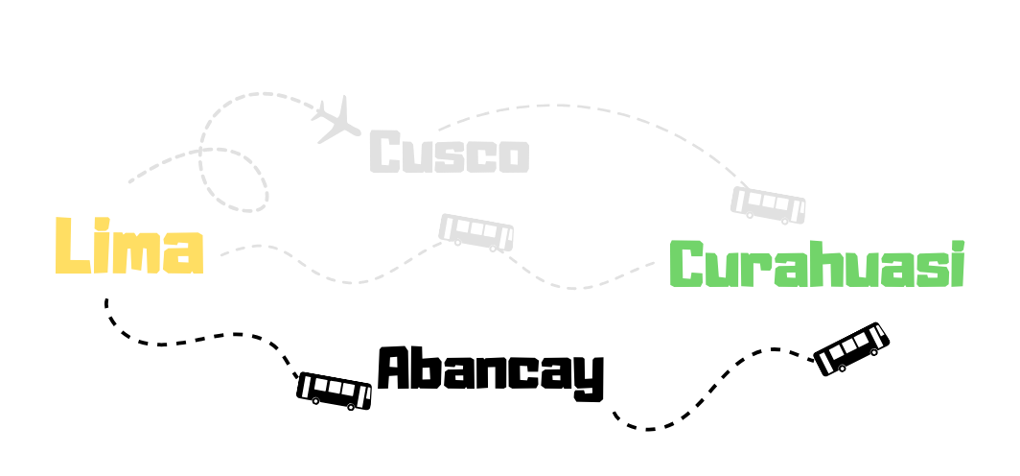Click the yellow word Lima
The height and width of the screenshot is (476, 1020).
click(128, 247)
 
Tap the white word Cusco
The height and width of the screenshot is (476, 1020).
click(449, 154)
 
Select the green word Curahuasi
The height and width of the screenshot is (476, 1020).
click(816, 265)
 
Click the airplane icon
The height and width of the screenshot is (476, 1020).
click(336, 119)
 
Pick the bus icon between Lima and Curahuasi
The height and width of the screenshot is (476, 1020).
click(476, 232)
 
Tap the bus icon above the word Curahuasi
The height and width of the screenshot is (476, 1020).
click(768, 204)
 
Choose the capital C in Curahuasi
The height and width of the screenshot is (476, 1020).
click(687, 265)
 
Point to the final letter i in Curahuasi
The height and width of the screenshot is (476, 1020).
click(956, 265)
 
